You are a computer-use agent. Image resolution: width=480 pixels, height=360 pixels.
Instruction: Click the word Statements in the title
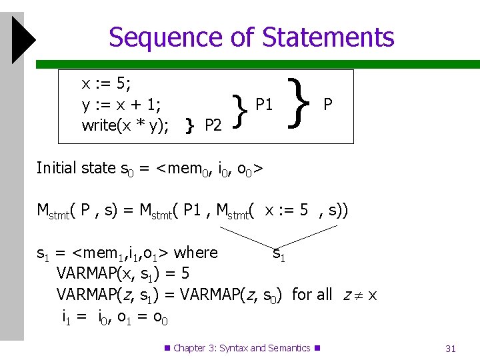click(x=328, y=37)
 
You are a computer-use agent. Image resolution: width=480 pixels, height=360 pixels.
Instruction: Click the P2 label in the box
click(x=213, y=125)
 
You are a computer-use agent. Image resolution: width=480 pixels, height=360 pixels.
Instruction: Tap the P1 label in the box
click(x=264, y=104)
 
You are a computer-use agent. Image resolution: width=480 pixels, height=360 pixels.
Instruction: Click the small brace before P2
click(x=190, y=125)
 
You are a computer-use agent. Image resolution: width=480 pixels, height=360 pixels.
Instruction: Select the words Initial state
click(x=76, y=168)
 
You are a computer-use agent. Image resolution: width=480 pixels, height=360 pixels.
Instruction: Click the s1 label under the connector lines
click(x=279, y=253)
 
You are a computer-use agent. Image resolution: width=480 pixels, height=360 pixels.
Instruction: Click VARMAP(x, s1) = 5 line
click(x=123, y=273)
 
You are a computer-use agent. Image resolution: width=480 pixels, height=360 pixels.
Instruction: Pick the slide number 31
click(x=450, y=348)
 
